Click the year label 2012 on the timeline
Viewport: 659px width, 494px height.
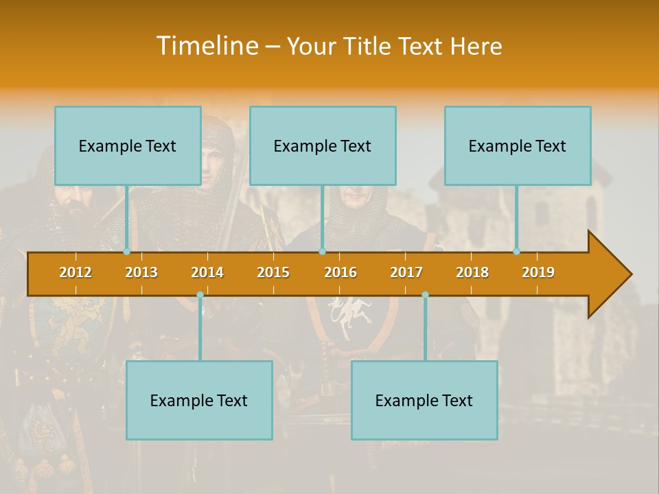tap(76, 272)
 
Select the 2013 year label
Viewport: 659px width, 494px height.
tap(141, 272)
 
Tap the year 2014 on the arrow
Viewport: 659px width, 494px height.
tap(207, 272)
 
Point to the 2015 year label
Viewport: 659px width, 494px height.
tap(273, 272)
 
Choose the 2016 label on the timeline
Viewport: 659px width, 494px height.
tap(340, 272)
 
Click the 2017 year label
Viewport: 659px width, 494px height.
tap(406, 272)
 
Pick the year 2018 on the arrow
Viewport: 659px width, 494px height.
tap(472, 272)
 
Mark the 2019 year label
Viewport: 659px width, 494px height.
tap(538, 272)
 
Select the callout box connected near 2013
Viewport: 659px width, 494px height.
tap(128, 145)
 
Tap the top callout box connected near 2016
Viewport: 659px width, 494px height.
tap(323, 145)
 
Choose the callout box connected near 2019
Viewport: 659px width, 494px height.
tap(518, 145)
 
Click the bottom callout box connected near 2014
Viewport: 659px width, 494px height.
tap(199, 400)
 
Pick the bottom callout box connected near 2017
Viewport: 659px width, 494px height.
tap(424, 400)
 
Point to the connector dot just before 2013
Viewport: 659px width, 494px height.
tap(127, 252)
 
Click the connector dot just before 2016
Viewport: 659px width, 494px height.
tap(322, 252)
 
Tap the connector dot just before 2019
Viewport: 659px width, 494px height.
tap(517, 252)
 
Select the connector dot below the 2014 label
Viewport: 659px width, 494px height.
tap(200, 295)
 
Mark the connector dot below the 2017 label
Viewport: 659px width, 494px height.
tap(425, 295)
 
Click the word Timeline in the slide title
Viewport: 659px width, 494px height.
tap(207, 45)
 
